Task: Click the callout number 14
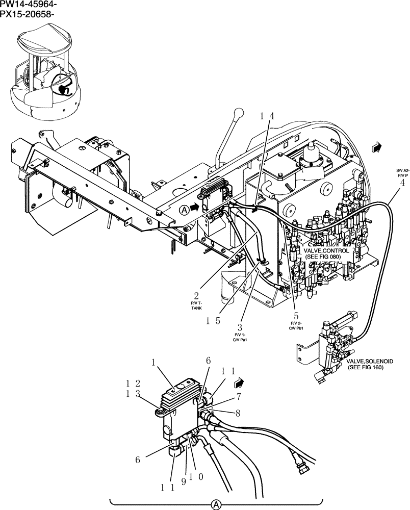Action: coord(267,116)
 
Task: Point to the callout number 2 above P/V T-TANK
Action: coord(196,295)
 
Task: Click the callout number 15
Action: coord(213,321)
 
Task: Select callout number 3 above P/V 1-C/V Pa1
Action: coord(239,327)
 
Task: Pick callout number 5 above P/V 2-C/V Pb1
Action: coord(296,315)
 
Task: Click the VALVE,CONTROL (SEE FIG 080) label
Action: coord(327,253)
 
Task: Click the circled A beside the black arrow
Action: coord(184,209)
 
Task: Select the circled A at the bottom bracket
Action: coord(216,505)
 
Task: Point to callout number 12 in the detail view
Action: coord(134,383)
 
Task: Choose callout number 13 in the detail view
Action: coord(134,393)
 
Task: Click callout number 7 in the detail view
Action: coord(238,396)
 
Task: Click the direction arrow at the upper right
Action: coord(377,147)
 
